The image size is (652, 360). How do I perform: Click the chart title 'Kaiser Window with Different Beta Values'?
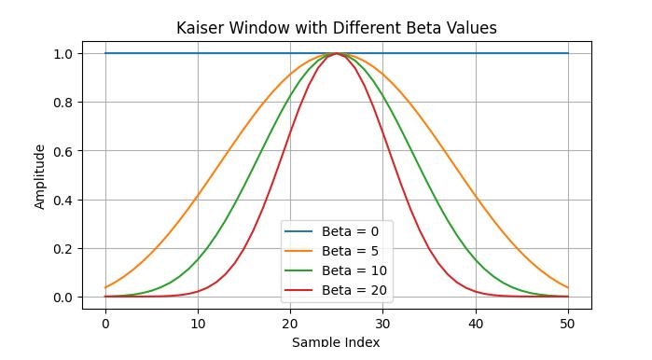[336, 28]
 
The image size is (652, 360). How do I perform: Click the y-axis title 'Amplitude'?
[40, 175]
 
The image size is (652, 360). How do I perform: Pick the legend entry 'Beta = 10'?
[354, 270]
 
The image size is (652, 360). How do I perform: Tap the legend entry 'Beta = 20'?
[354, 291]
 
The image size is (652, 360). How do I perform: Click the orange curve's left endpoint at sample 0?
[105, 287]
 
